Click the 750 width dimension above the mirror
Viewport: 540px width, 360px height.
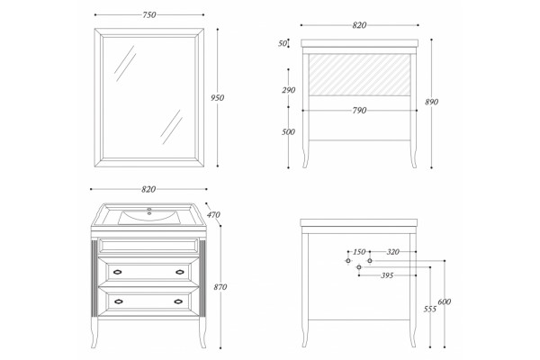pyautogui.click(x=149, y=14)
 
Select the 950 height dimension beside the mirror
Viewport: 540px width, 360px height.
pyautogui.click(x=217, y=98)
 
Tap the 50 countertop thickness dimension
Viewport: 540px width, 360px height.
pyautogui.click(x=283, y=43)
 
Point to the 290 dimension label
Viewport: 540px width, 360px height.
pyautogui.click(x=289, y=90)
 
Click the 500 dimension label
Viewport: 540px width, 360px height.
pyautogui.click(x=288, y=132)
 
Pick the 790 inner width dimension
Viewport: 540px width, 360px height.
pyautogui.click(x=359, y=111)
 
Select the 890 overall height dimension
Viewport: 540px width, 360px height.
pyautogui.click(x=431, y=102)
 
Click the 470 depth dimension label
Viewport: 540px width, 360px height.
pyautogui.click(x=213, y=214)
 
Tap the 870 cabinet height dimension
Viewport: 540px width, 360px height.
pyautogui.click(x=220, y=287)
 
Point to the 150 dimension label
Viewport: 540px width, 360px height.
pyautogui.click(x=359, y=252)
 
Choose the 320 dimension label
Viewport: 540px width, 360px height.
pyautogui.click(x=393, y=252)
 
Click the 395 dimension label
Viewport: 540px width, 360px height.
pyautogui.click(x=387, y=275)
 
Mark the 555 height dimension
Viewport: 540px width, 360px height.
pyautogui.click(x=430, y=309)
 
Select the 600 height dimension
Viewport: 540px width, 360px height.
pyautogui.click(x=445, y=301)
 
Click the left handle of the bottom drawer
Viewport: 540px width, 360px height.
pyautogui.click(x=119, y=301)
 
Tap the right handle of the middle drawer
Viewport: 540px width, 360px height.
pyautogui.click(x=180, y=272)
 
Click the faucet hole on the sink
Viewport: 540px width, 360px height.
pyautogui.click(x=149, y=209)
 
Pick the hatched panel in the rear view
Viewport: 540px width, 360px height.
pyautogui.click(x=359, y=75)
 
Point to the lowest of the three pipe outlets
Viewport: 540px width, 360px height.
pyautogui.click(x=359, y=267)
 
